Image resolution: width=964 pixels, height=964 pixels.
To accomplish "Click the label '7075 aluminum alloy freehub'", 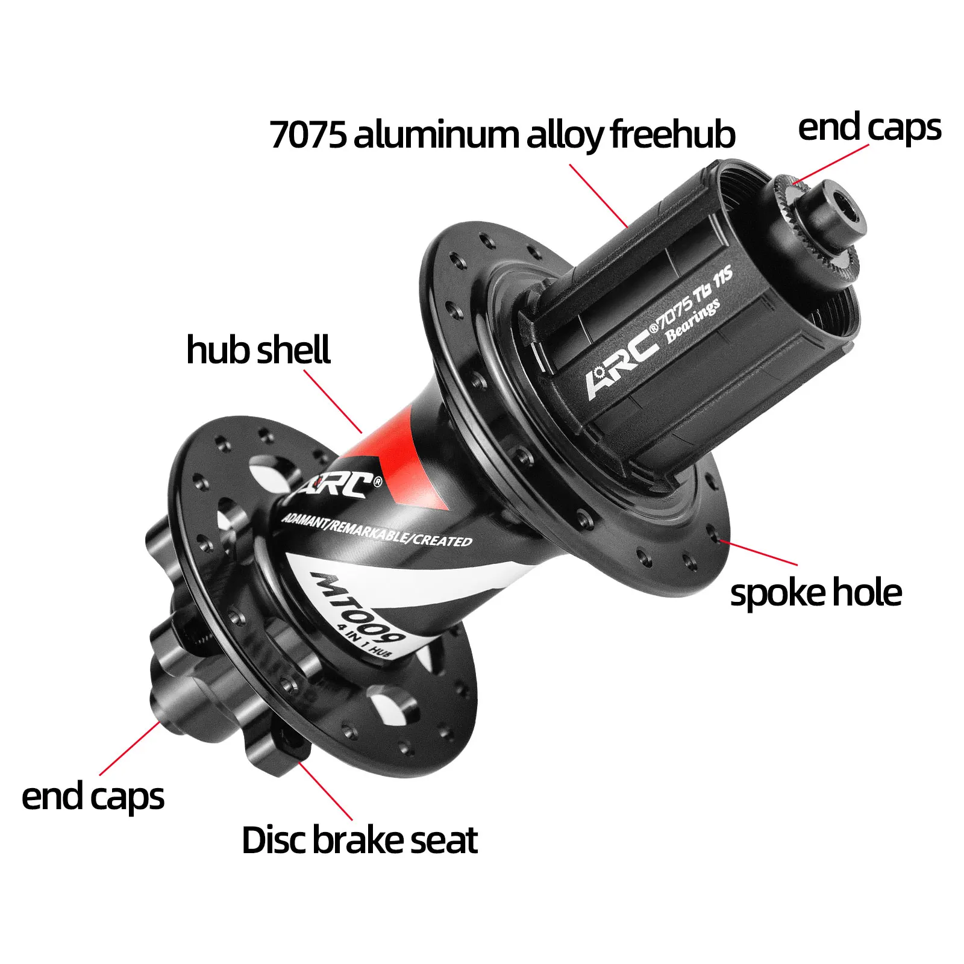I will click(x=502, y=134).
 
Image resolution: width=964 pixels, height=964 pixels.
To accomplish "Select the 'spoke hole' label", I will click(x=816, y=593).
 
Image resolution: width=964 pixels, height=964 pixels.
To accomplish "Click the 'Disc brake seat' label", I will click(x=360, y=840).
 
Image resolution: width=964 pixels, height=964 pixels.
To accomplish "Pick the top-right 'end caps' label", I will click(x=869, y=128).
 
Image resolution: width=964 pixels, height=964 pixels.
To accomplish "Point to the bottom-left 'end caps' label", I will click(x=93, y=797).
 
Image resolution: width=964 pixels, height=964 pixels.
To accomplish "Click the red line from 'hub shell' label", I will click(x=333, y=401).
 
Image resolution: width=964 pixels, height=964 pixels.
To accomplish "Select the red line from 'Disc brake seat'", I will click(x=325, y=790).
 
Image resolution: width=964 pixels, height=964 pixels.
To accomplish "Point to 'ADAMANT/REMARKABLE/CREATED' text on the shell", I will click(x=377, y=530).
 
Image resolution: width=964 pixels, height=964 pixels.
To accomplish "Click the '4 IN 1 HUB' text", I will click(x=365, y=643).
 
